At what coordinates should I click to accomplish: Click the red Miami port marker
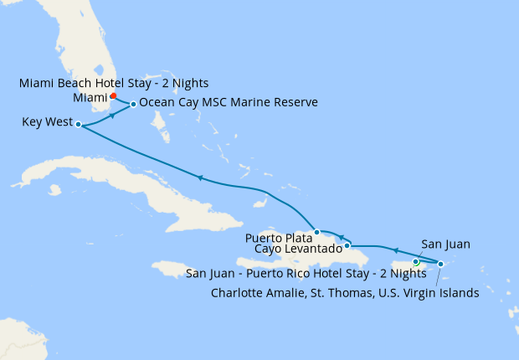click(113, 95)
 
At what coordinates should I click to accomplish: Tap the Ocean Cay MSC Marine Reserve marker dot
click(133, 105)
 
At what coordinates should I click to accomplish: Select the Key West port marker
click(78, 125)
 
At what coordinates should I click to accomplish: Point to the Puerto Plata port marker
click(316, 232)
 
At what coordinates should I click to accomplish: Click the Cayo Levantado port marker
click(347, 245)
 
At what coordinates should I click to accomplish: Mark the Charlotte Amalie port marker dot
click(440, 264)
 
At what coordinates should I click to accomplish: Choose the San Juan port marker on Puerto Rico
click(415, 262)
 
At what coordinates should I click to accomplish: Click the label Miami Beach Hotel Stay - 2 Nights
click(113, 83)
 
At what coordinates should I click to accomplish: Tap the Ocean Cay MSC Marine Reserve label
click(229, 103)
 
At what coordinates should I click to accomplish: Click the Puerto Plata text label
click(277, 237)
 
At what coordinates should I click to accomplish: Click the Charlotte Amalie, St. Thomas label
click(344, 292)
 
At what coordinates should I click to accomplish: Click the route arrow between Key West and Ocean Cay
click(112, 117)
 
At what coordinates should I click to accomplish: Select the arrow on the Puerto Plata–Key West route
click(199, 177)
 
